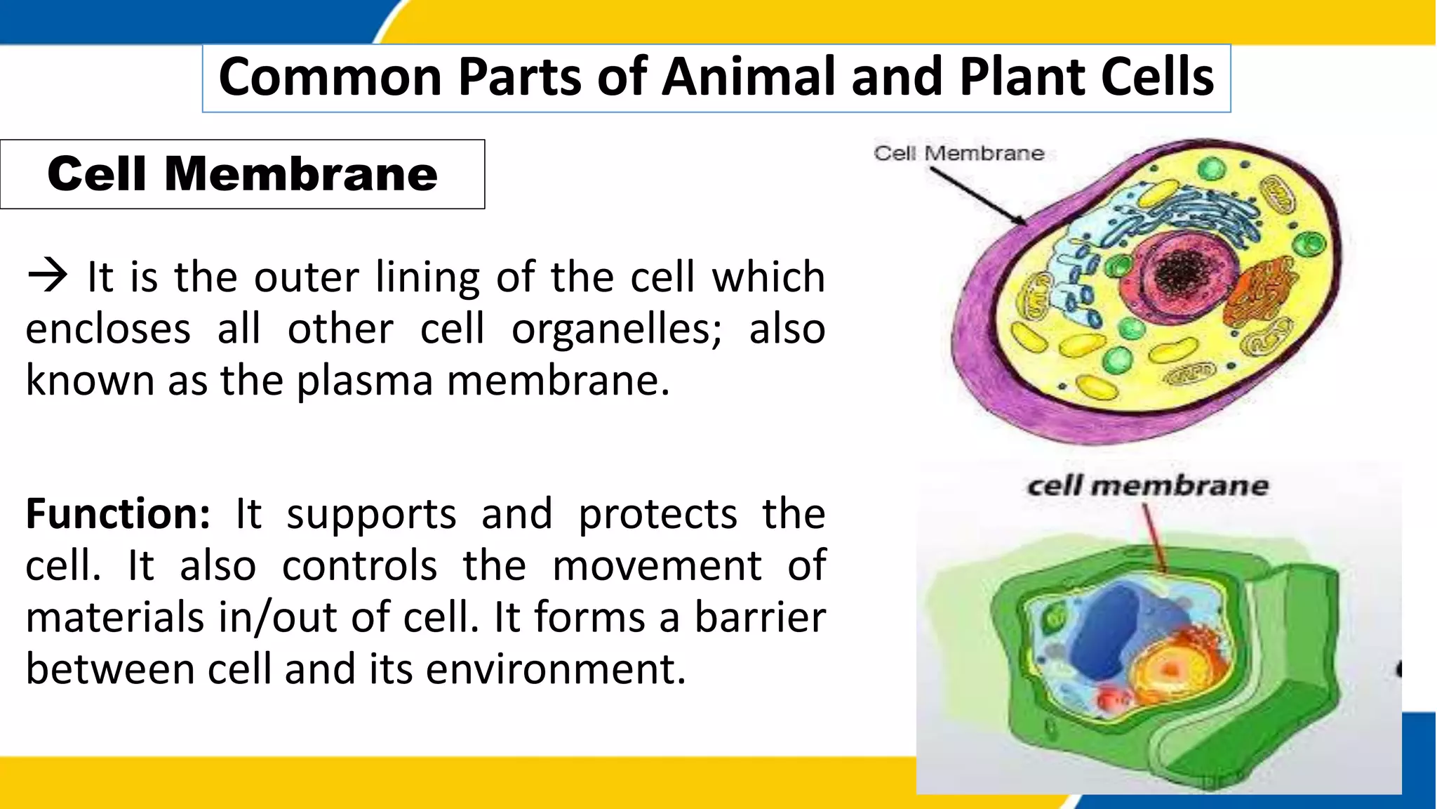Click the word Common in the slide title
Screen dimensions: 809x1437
click(329, 77)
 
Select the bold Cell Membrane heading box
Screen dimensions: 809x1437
click(242, 174)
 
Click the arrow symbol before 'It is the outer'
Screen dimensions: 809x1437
click(47, 276)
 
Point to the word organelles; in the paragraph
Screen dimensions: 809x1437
click(616, 329)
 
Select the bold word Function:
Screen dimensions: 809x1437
click(118, 513)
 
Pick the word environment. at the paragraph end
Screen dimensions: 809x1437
click(555, 669)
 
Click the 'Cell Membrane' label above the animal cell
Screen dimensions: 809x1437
click(958, 153)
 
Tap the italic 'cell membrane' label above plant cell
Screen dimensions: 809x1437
click(1147, 486)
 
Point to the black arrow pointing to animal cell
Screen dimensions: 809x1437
click(978, 196)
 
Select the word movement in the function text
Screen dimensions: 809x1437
click(656, 566)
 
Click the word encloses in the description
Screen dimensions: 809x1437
click(108, 329)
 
